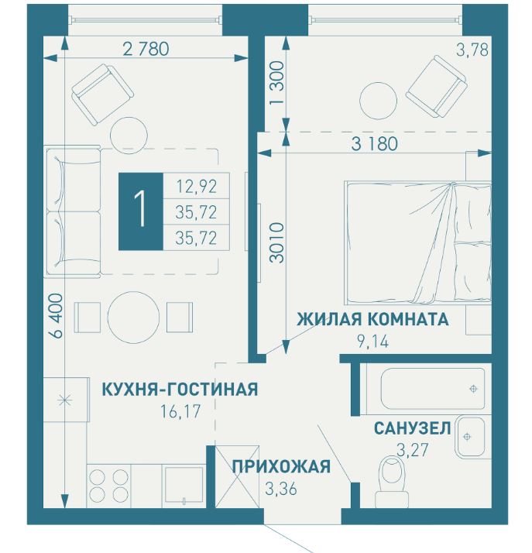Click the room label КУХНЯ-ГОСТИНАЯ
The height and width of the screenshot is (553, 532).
click(x=180, y=388)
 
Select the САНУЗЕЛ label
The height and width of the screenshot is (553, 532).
click(x=412, y=428)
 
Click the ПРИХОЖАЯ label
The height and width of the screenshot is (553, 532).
click(x=282, y=465)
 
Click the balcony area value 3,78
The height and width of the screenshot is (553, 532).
click(x=472, y=52)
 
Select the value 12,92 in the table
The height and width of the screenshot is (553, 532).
click(x=196, y=185)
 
